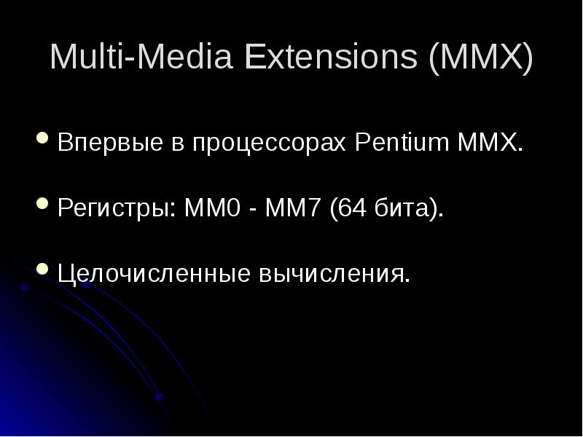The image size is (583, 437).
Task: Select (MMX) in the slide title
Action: [481, 58]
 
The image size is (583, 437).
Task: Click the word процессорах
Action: [269, 143]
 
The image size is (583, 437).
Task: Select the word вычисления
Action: [332, 274]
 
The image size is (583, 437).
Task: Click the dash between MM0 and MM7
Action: [249, 209]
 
